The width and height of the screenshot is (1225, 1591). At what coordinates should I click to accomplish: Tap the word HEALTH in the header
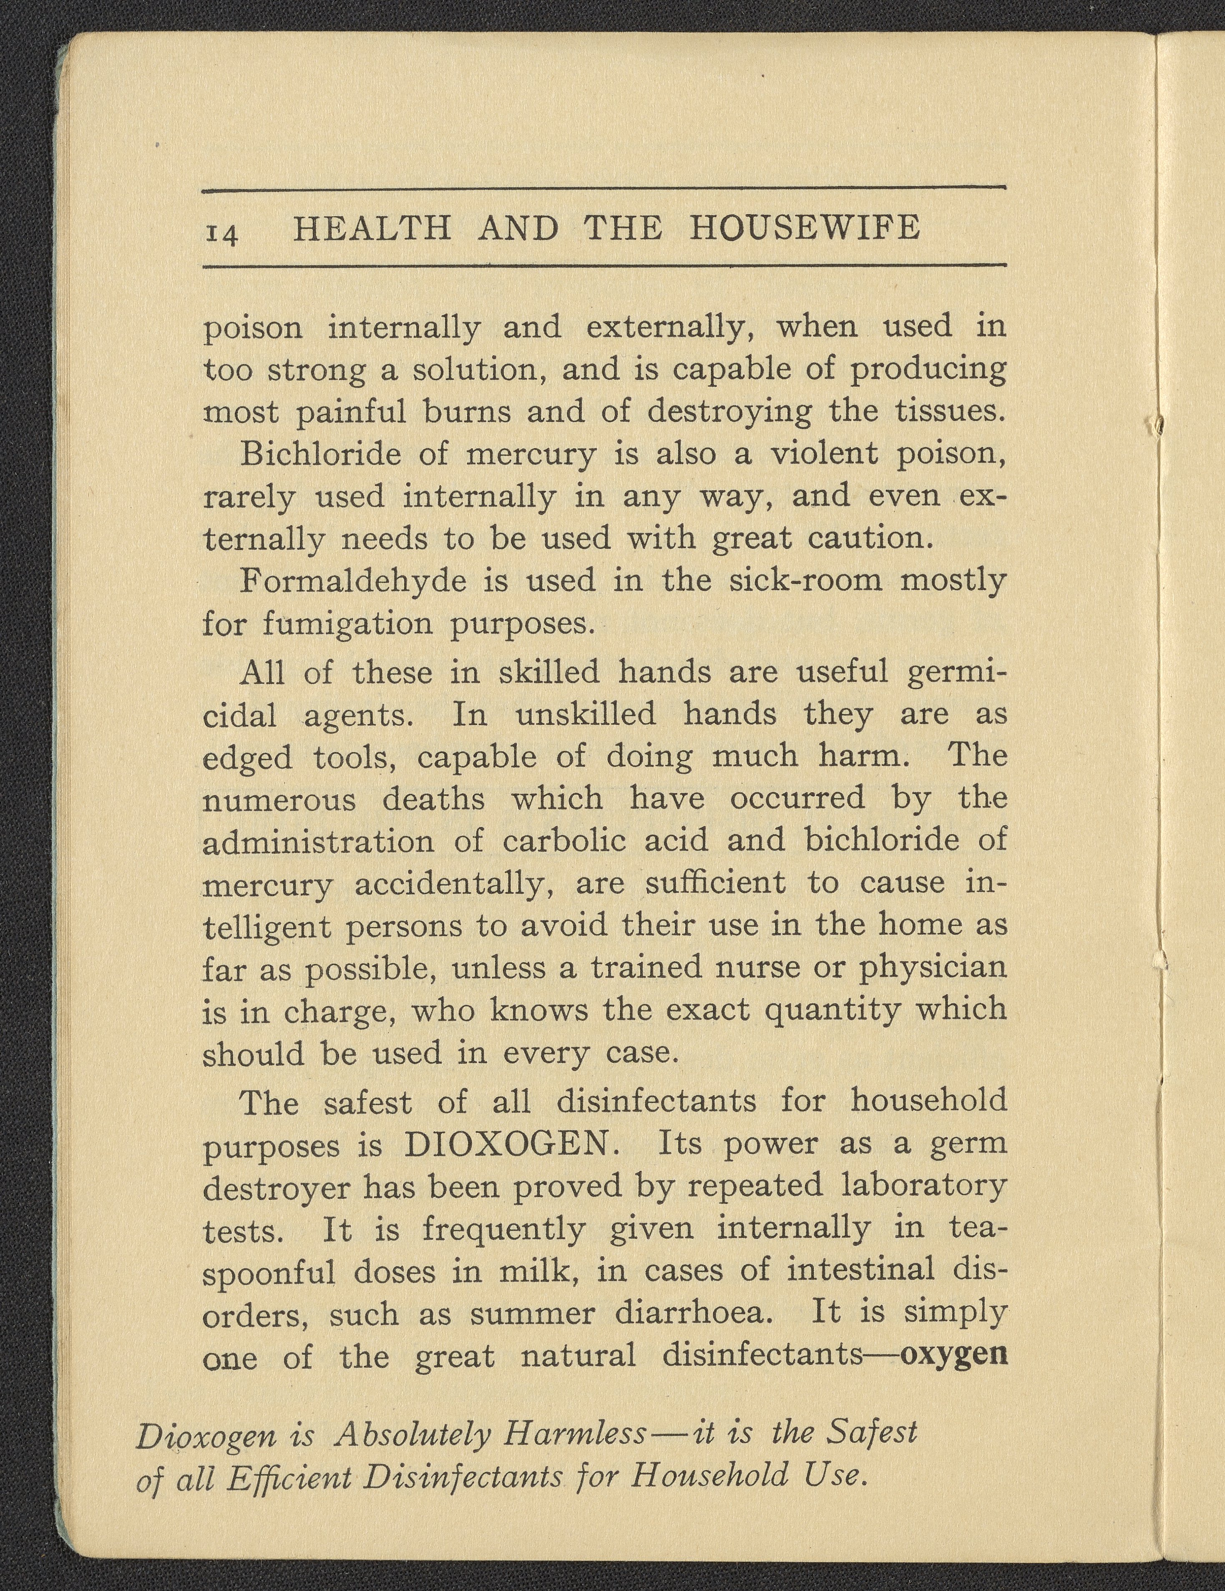coord(372,229)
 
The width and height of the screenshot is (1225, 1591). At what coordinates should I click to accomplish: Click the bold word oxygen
coord(954,1357)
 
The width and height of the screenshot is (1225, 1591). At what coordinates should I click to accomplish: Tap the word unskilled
coord(586,715)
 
